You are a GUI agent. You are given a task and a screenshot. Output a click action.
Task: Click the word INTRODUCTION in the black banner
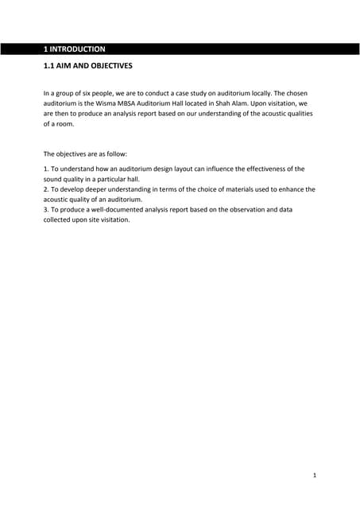[78, 49]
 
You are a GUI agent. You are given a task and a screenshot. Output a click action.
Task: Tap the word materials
[227, 190]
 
